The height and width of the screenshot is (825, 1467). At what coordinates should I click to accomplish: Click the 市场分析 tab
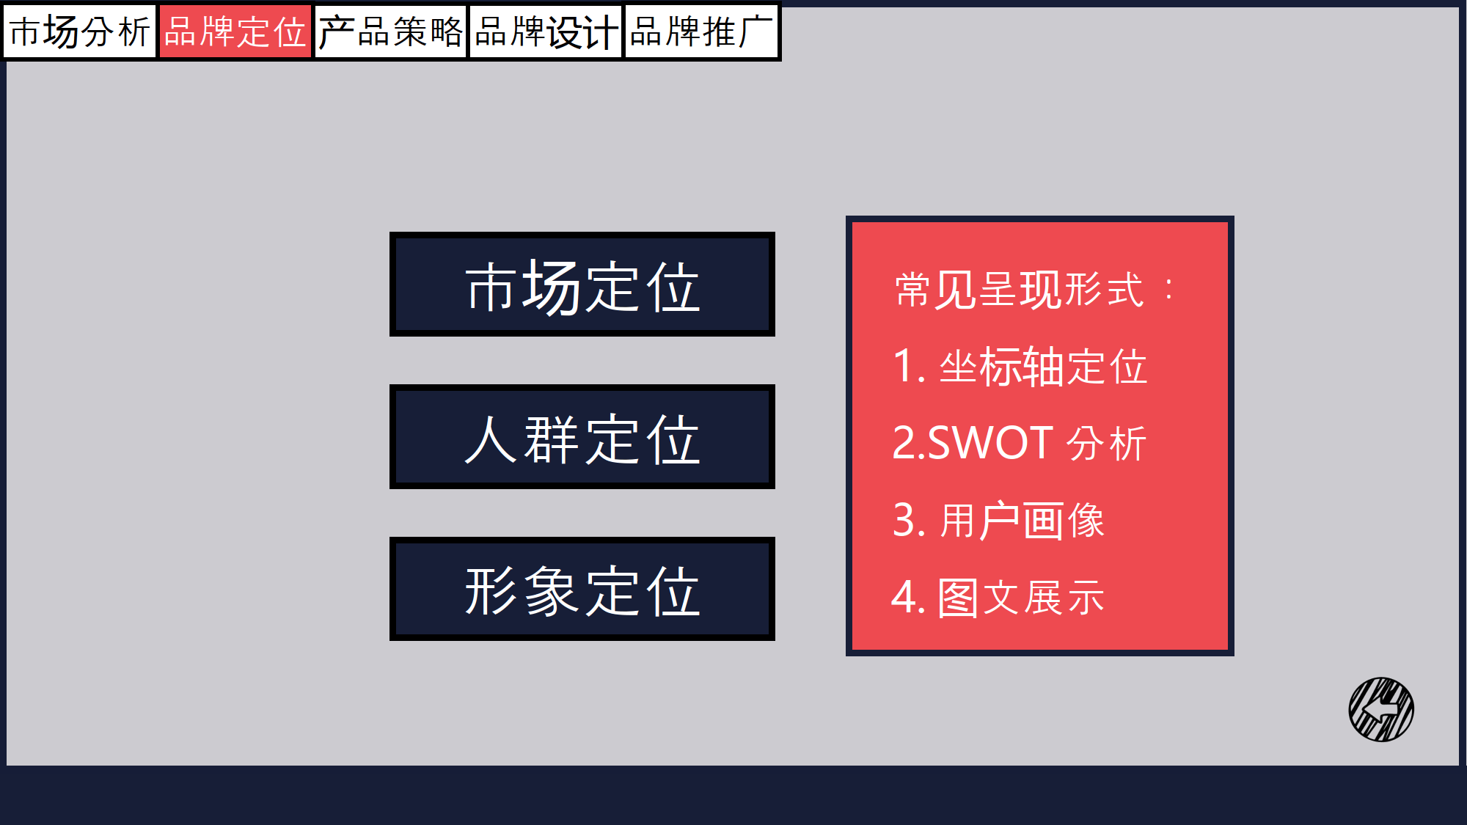pyautogui.click(x=80, y=32)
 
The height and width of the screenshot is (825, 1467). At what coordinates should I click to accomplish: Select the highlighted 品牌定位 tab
pyautogui.click(x=235, y=32)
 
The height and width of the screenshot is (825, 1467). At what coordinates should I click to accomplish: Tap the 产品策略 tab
pyautogui.click(x=390, y=32)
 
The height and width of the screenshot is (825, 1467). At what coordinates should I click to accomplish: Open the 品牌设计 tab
pyautogui.click(x=546, y=32)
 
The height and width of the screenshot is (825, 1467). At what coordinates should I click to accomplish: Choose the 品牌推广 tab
pyautogui.click(x=700, y=32)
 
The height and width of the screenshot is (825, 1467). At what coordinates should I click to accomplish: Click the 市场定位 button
pyautogui.click(x=582, y=285)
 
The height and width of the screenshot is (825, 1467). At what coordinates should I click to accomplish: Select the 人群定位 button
pyautogui.click(x=582, y=437)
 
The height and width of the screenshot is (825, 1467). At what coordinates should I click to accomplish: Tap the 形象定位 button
pyautogui.click(x=582, y=589)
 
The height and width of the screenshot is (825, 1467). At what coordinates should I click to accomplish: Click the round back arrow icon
pyautogui.click(x=1381, y=709)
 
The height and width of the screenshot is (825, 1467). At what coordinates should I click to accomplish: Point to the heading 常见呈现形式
pyautogui.click(x=1019, y=289)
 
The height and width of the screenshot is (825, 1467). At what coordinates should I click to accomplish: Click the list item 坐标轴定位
pyautogui.click(x=1043, y=366)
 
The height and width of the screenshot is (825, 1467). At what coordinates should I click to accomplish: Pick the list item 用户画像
pyautogui.click(x=1022, y=520)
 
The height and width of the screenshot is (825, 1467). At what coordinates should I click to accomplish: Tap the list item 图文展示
pyautogui.click(x=1021, y=597)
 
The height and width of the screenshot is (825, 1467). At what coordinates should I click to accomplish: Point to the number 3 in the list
pyautogui.click(x=904, y=520)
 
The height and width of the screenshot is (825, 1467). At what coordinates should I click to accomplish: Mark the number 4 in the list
pyautogui.click(x=904, y=597)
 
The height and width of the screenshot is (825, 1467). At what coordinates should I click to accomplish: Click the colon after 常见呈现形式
pyautogui.click(x=1168, y=289)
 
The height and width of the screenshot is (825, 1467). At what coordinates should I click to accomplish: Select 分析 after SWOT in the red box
pyautogui.click(x=1106, y=443)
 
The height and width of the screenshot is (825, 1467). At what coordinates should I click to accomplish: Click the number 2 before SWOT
pyautogui.click(x=904, y=443)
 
